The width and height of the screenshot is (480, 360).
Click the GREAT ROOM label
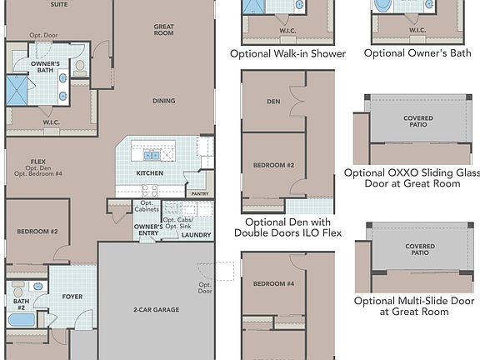coord(163,31)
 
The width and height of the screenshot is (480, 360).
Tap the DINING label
coord(163,101)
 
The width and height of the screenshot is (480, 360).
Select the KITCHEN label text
coord(150,173)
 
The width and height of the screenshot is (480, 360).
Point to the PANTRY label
coord(200,193)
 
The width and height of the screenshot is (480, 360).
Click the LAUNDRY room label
coord(196,235)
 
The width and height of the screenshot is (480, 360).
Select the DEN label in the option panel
coord(273,102)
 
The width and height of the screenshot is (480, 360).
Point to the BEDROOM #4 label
coord(273,284)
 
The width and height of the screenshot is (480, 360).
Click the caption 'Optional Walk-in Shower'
coord(287,53)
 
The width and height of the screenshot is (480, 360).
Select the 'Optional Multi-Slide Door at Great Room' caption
coord(414,306)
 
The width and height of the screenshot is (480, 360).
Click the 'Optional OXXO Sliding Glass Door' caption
coord(412,177)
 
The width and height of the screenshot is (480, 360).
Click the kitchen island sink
coord(151,154)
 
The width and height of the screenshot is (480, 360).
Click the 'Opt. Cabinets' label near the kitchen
coord(147,207)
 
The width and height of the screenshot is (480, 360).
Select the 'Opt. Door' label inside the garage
coord(204,288)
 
